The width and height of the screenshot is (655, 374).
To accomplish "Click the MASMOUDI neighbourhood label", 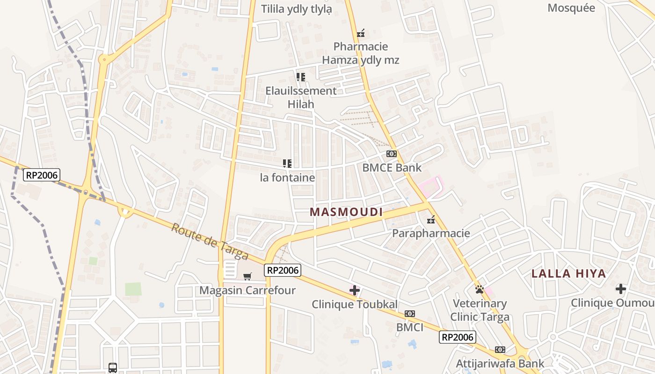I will point(346,212).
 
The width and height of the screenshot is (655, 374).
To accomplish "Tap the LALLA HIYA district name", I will point(568,274).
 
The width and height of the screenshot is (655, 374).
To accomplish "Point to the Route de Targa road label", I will point(209,241).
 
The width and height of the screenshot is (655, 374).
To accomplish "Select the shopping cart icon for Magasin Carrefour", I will point(247,276).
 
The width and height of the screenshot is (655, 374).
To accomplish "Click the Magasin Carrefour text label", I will point(247,290).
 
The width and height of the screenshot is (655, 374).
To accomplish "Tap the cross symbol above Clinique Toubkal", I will point(355,290).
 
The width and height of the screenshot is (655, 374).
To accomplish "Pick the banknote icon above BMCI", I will point(410,314).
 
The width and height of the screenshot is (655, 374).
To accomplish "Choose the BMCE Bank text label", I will point(392,168).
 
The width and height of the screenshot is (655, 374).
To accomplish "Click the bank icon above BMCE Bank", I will point(392,154).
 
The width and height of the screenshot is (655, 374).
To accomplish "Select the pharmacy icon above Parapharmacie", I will point(431,219).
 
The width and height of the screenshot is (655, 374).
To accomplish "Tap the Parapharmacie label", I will point(431,233).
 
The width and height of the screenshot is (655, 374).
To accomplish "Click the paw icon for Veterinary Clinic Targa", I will point(480,289).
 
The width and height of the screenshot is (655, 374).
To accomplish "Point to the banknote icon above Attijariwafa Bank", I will point(500,350).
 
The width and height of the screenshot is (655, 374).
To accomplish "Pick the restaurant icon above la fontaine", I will point(287,164).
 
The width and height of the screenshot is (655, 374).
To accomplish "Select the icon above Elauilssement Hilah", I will point(301,77).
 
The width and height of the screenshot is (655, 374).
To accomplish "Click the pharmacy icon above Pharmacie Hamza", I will point(360,33).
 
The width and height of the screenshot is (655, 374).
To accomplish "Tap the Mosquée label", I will point(571,8).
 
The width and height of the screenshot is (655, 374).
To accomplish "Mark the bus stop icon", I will point(113,367).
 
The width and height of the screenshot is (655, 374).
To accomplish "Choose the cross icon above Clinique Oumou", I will point(621,289).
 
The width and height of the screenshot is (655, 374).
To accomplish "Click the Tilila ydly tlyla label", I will point(297,9).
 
